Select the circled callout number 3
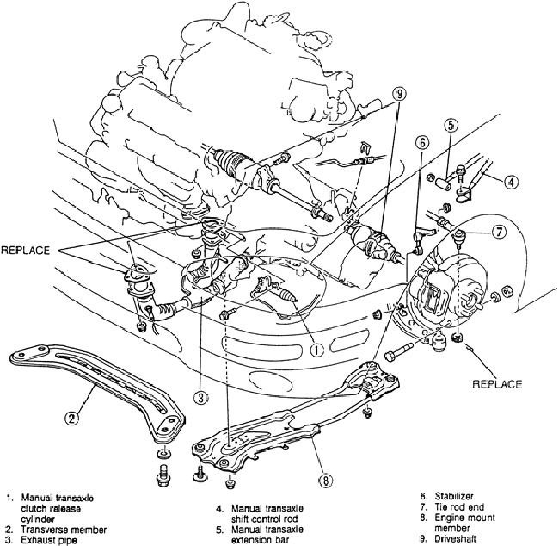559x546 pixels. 200,397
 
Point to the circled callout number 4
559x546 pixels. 511,182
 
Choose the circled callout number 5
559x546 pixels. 451,124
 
